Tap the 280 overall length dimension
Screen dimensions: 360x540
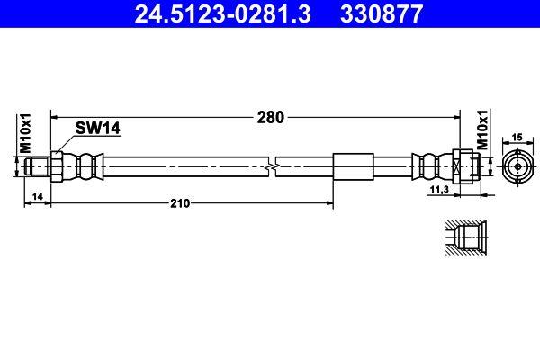(x=271, y=117)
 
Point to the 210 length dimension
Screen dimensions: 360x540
(x=180, y=203)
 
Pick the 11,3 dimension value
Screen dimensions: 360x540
(x=440, y=191)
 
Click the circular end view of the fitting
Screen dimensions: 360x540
(x=517, y=166)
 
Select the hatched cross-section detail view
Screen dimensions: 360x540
(x=466, y=238)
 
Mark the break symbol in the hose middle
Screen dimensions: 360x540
(x=273, y=166)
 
